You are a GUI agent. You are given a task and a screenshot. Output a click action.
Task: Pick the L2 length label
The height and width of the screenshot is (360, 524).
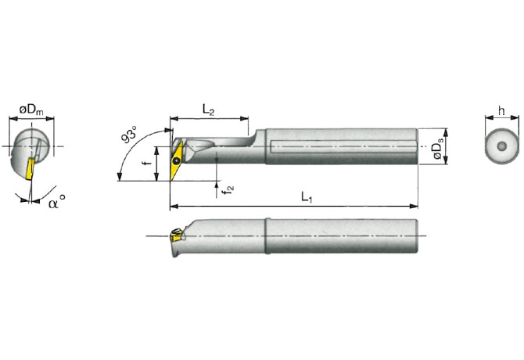coord(207,110)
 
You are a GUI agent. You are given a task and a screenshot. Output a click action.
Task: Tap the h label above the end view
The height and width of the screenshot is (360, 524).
coord(501,110)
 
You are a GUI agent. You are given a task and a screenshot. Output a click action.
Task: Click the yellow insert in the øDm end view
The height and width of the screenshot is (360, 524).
coord(30,166)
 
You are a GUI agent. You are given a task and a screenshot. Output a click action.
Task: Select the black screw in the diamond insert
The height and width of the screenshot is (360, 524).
coord(178,162)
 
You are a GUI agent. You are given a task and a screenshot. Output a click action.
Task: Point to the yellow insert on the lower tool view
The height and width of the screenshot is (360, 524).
coord(175,233)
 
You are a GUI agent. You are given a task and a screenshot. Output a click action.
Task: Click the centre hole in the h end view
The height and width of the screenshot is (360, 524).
coord(501,147)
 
